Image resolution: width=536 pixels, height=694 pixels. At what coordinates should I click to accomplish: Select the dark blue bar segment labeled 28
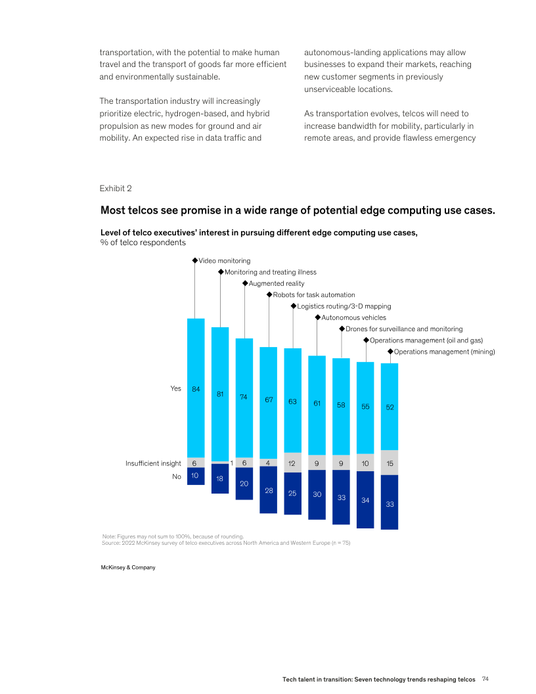pos(268,490)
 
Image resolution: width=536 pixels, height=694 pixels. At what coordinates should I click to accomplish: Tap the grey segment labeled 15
pos(390,463)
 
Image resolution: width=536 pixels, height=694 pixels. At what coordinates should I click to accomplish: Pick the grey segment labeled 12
pos(292,463)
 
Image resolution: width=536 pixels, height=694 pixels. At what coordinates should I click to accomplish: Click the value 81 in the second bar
pos(220,394)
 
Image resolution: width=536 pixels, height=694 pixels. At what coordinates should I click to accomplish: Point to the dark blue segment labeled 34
pos(365,499)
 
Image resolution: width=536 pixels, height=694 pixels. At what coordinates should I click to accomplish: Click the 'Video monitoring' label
pos(224,261)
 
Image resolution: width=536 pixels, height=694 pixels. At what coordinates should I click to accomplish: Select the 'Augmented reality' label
pos(276,283)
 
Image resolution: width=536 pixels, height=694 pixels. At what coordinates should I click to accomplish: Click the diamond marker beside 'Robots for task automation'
pos(269,295)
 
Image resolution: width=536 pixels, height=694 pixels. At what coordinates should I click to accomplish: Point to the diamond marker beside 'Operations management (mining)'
pos(390,352)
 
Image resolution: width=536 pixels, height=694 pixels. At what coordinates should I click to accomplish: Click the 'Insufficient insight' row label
pos(153,463)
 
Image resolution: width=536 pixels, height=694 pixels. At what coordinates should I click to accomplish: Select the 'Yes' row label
pos(175,388)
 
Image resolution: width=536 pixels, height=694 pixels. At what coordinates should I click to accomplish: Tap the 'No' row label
pos(176,476)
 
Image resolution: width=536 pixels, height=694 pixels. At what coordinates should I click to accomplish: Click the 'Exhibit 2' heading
pos(116,189)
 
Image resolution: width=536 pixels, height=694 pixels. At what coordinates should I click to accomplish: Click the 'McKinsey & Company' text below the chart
pos(127,567)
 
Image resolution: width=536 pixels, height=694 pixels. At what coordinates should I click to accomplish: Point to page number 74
pos(485,678)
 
